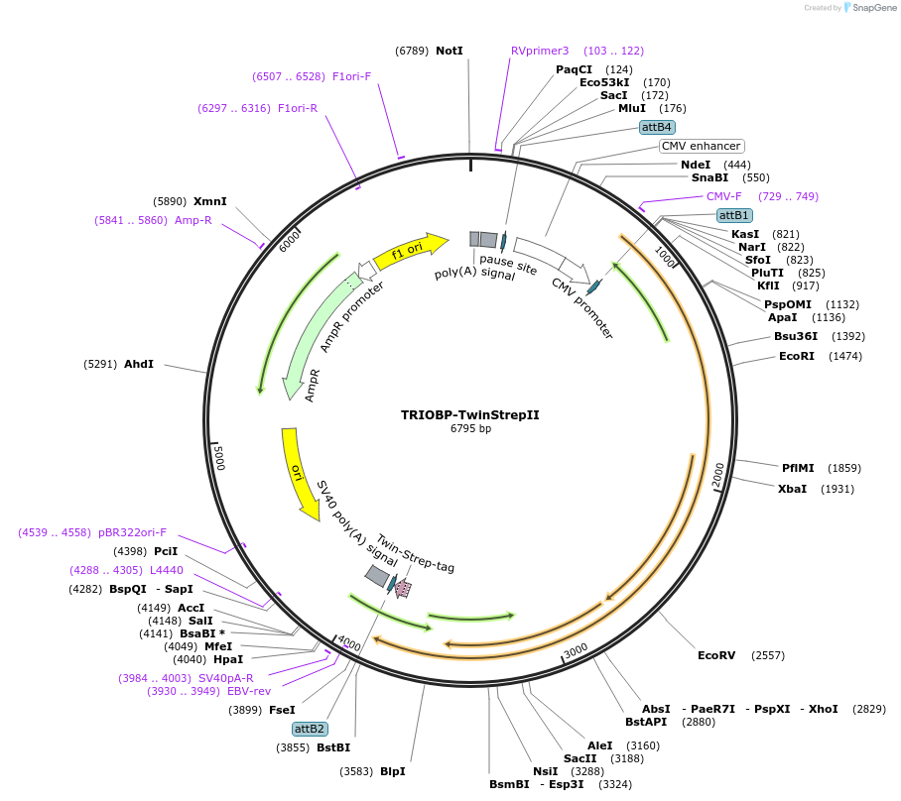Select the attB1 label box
[734, 215]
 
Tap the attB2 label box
[310, 729]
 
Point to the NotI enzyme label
[450, 51]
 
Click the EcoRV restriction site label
[716, 655]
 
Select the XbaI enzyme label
[793, 489]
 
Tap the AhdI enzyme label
[139, 364]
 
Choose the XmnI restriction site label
[210, 201]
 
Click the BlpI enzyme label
[392, 771]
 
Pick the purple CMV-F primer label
[724, 196]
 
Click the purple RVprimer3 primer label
[540, 51]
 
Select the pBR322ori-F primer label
[132, 532]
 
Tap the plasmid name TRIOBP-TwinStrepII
[470, 415]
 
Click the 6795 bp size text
[470, 429]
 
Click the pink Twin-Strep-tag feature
[403, 589]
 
